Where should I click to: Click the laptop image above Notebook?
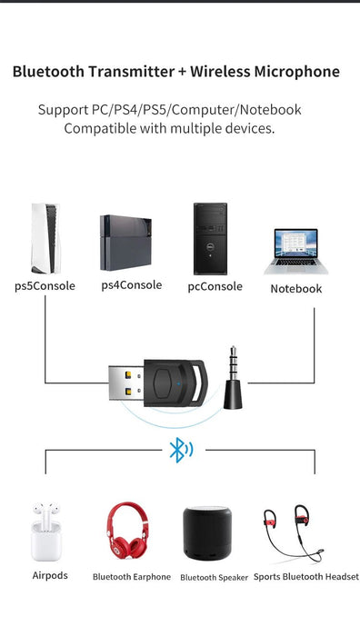coord(295,251)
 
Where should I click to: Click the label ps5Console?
coord(45,285)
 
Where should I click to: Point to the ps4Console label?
coord(131,285)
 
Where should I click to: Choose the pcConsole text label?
coord(215,286)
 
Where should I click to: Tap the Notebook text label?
coord(296,289)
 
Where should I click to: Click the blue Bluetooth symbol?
coord(177,450)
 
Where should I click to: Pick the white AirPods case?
coord(49,535)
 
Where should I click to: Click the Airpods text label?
coord(50,576)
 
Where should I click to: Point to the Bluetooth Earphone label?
coord(131,577)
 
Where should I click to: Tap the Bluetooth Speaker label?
coord(214,578)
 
